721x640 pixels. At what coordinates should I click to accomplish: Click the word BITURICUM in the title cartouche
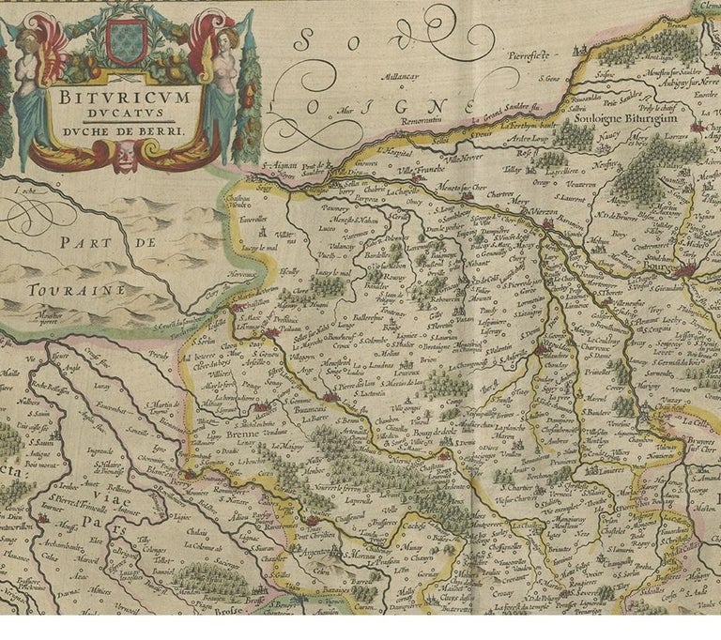click(x=128, y=96)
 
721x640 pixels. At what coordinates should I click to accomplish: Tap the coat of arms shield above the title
click(x=126, y=42)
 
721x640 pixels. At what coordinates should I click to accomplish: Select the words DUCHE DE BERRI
click(x=128, y=131)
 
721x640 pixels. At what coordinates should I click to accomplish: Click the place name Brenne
click(x=244, y=434)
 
